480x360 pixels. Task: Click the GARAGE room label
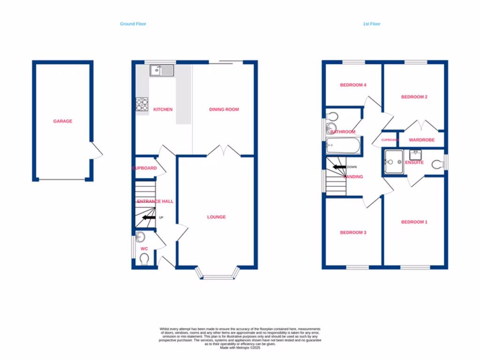click(x=62, y=121)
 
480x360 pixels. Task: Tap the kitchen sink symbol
click(x=162, y=71)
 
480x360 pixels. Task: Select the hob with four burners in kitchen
click(x=142, y=104)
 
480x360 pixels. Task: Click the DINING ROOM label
click(x=224, y=110)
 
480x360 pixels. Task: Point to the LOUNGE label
click(x=217, y=217)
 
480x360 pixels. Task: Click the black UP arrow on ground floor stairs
click(x=149, y=217)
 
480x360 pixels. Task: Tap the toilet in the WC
click(x=144, y=259)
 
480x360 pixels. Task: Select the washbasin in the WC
click(x=140, y=236)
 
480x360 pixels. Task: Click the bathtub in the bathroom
click(x=343, y=146)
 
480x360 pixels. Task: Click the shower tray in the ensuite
click(x=393, y=162)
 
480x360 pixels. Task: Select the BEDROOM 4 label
click(x=352, y=85)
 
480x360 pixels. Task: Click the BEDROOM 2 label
click(x=414, y=97)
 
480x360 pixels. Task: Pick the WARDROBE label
click(x=421, y=140)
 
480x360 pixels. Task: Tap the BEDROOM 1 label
click(x=414, y=222)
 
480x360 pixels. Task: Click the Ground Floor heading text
click(x=133, y=24)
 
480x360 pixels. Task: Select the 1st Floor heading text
click(x=371, y=24)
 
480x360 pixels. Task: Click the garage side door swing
click(x=97, y=151)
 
